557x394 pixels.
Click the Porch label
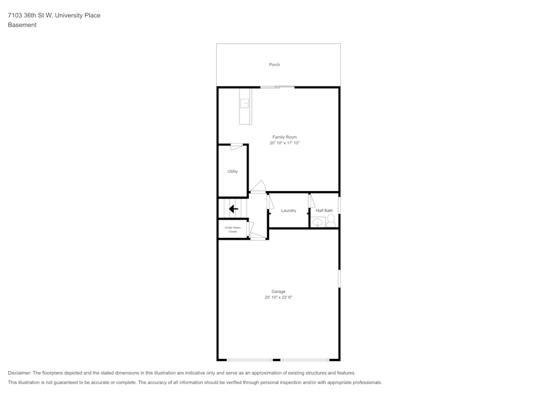(x=275, y=65)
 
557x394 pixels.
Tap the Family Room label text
(x=284, y=137)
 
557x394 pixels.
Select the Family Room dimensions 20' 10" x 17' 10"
(x=284, y=143)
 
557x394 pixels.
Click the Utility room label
(x=232, y=172)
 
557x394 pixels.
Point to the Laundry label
(x=289, y=211)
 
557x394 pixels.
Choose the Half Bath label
(x=324, y=211)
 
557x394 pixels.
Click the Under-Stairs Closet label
(x=232, y=229)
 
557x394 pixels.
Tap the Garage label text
(x=278, y=291)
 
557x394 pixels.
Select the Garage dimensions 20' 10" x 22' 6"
(x=278, y=298)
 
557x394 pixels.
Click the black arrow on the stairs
(x=233, y=209)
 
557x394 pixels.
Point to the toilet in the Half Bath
(x=331, y=221)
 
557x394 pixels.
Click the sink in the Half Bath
(x=317, y=222)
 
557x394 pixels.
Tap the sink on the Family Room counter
(x=244, y=103)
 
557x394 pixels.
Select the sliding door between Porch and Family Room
(x=277, y=87)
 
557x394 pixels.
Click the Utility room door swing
(x=237, y=147)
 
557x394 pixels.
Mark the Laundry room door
(x=271, y=201)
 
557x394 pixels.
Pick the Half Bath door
(x=312, y=201)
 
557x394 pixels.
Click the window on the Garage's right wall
(x=339, y=278)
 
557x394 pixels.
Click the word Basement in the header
(x=22, y=25)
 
